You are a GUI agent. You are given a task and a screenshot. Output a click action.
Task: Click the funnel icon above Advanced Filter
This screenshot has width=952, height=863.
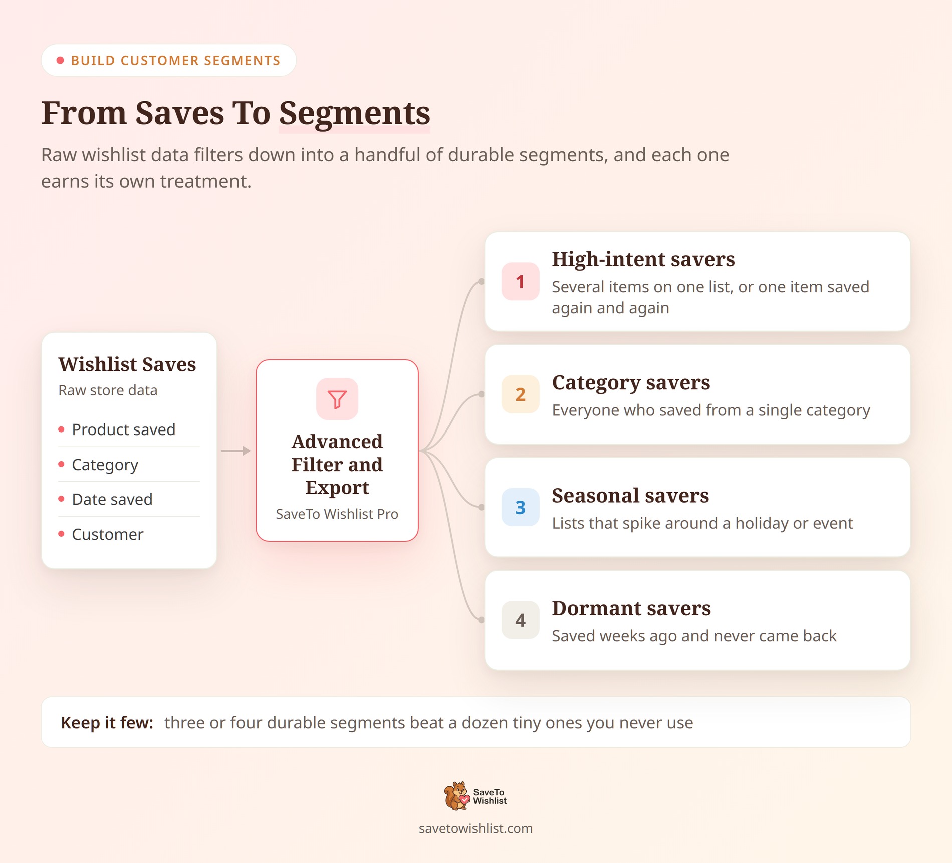(337, 399)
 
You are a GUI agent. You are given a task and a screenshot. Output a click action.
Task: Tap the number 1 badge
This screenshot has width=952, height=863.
(521, 281)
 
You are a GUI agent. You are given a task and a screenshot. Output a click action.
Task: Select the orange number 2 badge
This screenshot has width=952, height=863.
(521, 394)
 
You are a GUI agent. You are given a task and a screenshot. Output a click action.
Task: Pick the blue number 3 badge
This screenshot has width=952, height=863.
(521, 507)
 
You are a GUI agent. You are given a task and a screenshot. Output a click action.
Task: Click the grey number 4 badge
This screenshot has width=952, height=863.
(521, 620)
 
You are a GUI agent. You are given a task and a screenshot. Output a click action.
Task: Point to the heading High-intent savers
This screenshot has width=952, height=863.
(643, 260)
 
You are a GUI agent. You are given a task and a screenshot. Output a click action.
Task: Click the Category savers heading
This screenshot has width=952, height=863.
(631, 383)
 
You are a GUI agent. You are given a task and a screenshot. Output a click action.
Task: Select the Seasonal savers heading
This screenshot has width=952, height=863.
(630, 496)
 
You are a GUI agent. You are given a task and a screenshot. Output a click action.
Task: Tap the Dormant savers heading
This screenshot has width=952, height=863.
(631, 608)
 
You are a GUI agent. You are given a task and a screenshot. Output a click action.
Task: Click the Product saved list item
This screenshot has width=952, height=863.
(123, 429)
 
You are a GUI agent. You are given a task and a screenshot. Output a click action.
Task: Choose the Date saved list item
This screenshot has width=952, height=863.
(112, 499)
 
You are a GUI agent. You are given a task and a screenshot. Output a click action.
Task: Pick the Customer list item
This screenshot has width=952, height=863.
(107, 534)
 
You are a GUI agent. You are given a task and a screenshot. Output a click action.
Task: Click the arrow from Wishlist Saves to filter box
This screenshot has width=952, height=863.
(235, 451)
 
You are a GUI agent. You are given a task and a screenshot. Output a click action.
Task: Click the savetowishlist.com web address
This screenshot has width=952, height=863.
(475, 828)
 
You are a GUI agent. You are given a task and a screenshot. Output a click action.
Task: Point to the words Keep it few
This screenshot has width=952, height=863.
(107, 723)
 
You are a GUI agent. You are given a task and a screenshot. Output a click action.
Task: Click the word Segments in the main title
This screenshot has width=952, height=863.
(354, 114)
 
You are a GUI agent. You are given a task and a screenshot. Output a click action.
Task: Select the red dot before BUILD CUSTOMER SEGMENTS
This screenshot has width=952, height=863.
(60, 61)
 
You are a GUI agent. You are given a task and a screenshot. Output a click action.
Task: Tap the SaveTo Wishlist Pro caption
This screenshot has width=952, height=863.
(337, 514)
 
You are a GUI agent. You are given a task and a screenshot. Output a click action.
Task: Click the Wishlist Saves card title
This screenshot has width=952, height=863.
(127, 364)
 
